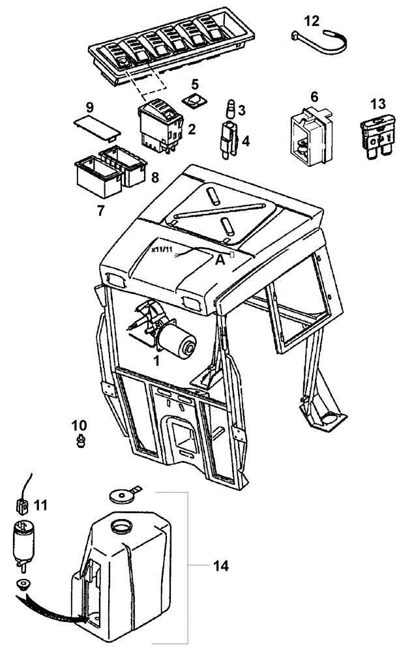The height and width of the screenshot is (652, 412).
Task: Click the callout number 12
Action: click(312, 21)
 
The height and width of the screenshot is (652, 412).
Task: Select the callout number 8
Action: click(155, 177)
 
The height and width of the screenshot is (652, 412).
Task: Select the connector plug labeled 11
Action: click(23, 505)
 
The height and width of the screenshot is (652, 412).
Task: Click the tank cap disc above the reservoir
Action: click(119, 496)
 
